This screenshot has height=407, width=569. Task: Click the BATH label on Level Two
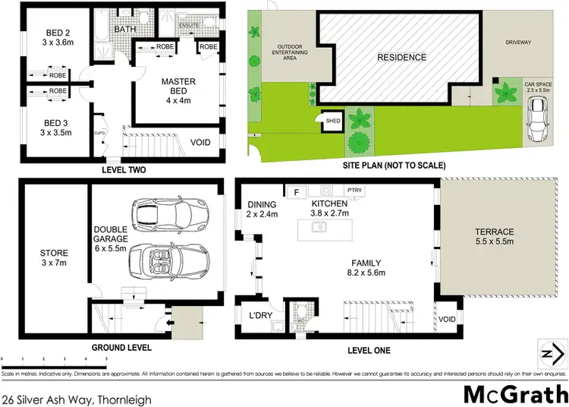pyautogui.click(x=124, y=30)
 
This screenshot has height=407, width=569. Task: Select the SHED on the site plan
pyautogui.click(x=332, y=120)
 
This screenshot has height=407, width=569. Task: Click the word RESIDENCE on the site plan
pyautogui.click(x=401, y=58)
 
